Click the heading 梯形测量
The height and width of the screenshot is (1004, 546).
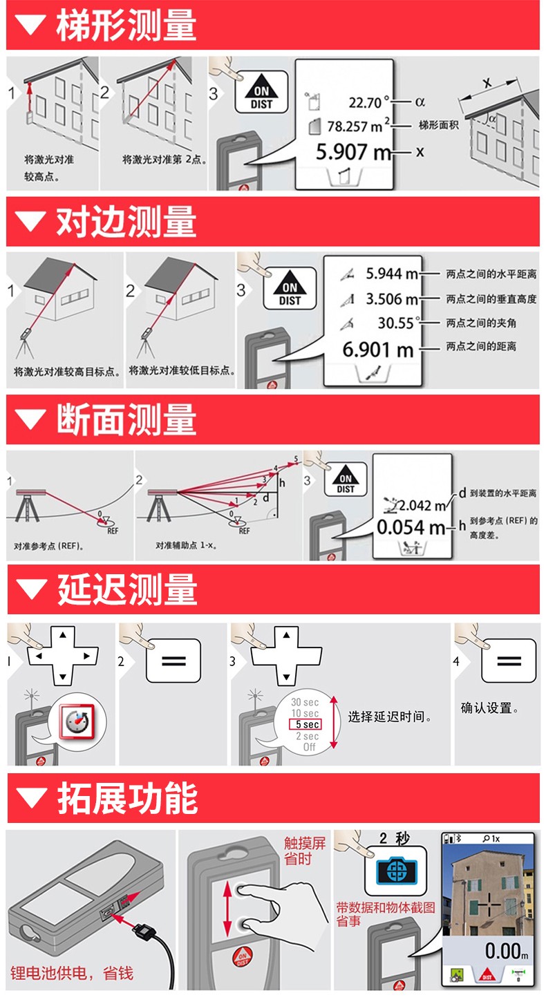[126, 25]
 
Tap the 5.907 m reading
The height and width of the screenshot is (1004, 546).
[353, 151]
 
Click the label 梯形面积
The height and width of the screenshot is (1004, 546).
[438, 125]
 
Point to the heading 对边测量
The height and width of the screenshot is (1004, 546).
[126, 222]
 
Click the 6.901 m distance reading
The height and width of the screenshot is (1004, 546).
[378, 348]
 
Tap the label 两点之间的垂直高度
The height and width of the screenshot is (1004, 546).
[491, 299]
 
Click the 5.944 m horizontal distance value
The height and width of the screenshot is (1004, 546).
[391, 274]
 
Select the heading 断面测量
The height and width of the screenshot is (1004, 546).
[126, 419]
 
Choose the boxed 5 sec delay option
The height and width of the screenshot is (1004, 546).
[305, 724]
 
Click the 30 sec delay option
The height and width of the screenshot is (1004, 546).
[305, 702]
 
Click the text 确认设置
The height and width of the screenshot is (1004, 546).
[489, 708]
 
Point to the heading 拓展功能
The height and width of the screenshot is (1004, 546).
[126, 798]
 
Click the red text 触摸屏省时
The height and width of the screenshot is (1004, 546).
[304, 851]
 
